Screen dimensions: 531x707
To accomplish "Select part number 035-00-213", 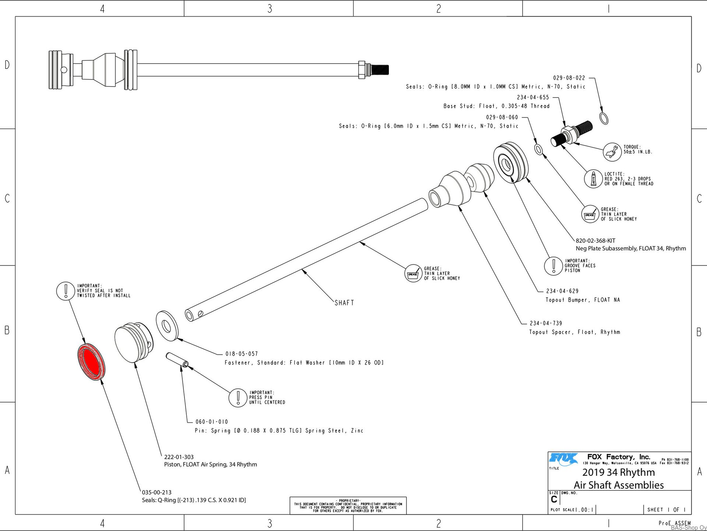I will tap(156, 492).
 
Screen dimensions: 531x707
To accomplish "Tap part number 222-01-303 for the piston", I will tap(179, 457).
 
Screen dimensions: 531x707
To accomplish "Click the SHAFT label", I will tap(344, 303).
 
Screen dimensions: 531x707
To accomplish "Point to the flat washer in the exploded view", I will tap(167, 326).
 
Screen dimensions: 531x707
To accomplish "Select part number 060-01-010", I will tap(212, 422).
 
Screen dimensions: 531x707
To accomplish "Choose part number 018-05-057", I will tap(242, 354).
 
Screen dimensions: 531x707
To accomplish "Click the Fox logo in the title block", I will tap(563, 459).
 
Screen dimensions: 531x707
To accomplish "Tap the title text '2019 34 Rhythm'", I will tap(619, 472).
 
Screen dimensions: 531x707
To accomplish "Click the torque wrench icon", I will tap(612, 152).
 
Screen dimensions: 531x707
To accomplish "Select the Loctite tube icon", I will tap(593, 179).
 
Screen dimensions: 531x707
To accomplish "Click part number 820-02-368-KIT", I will tap(595, 241).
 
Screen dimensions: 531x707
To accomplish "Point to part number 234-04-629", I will tap(562, 291).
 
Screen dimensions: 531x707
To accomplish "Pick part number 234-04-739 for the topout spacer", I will tap(546, 323).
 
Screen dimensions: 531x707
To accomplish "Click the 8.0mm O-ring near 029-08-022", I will tap(604, 119).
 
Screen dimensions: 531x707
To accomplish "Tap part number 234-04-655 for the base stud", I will tap(533, 98).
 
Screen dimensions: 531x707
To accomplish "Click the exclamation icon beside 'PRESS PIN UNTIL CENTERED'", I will tap(238, 398).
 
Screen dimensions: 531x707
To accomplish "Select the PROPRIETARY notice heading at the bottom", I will tap(348, 501).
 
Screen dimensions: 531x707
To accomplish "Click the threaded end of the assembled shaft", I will tap(379, 69).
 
